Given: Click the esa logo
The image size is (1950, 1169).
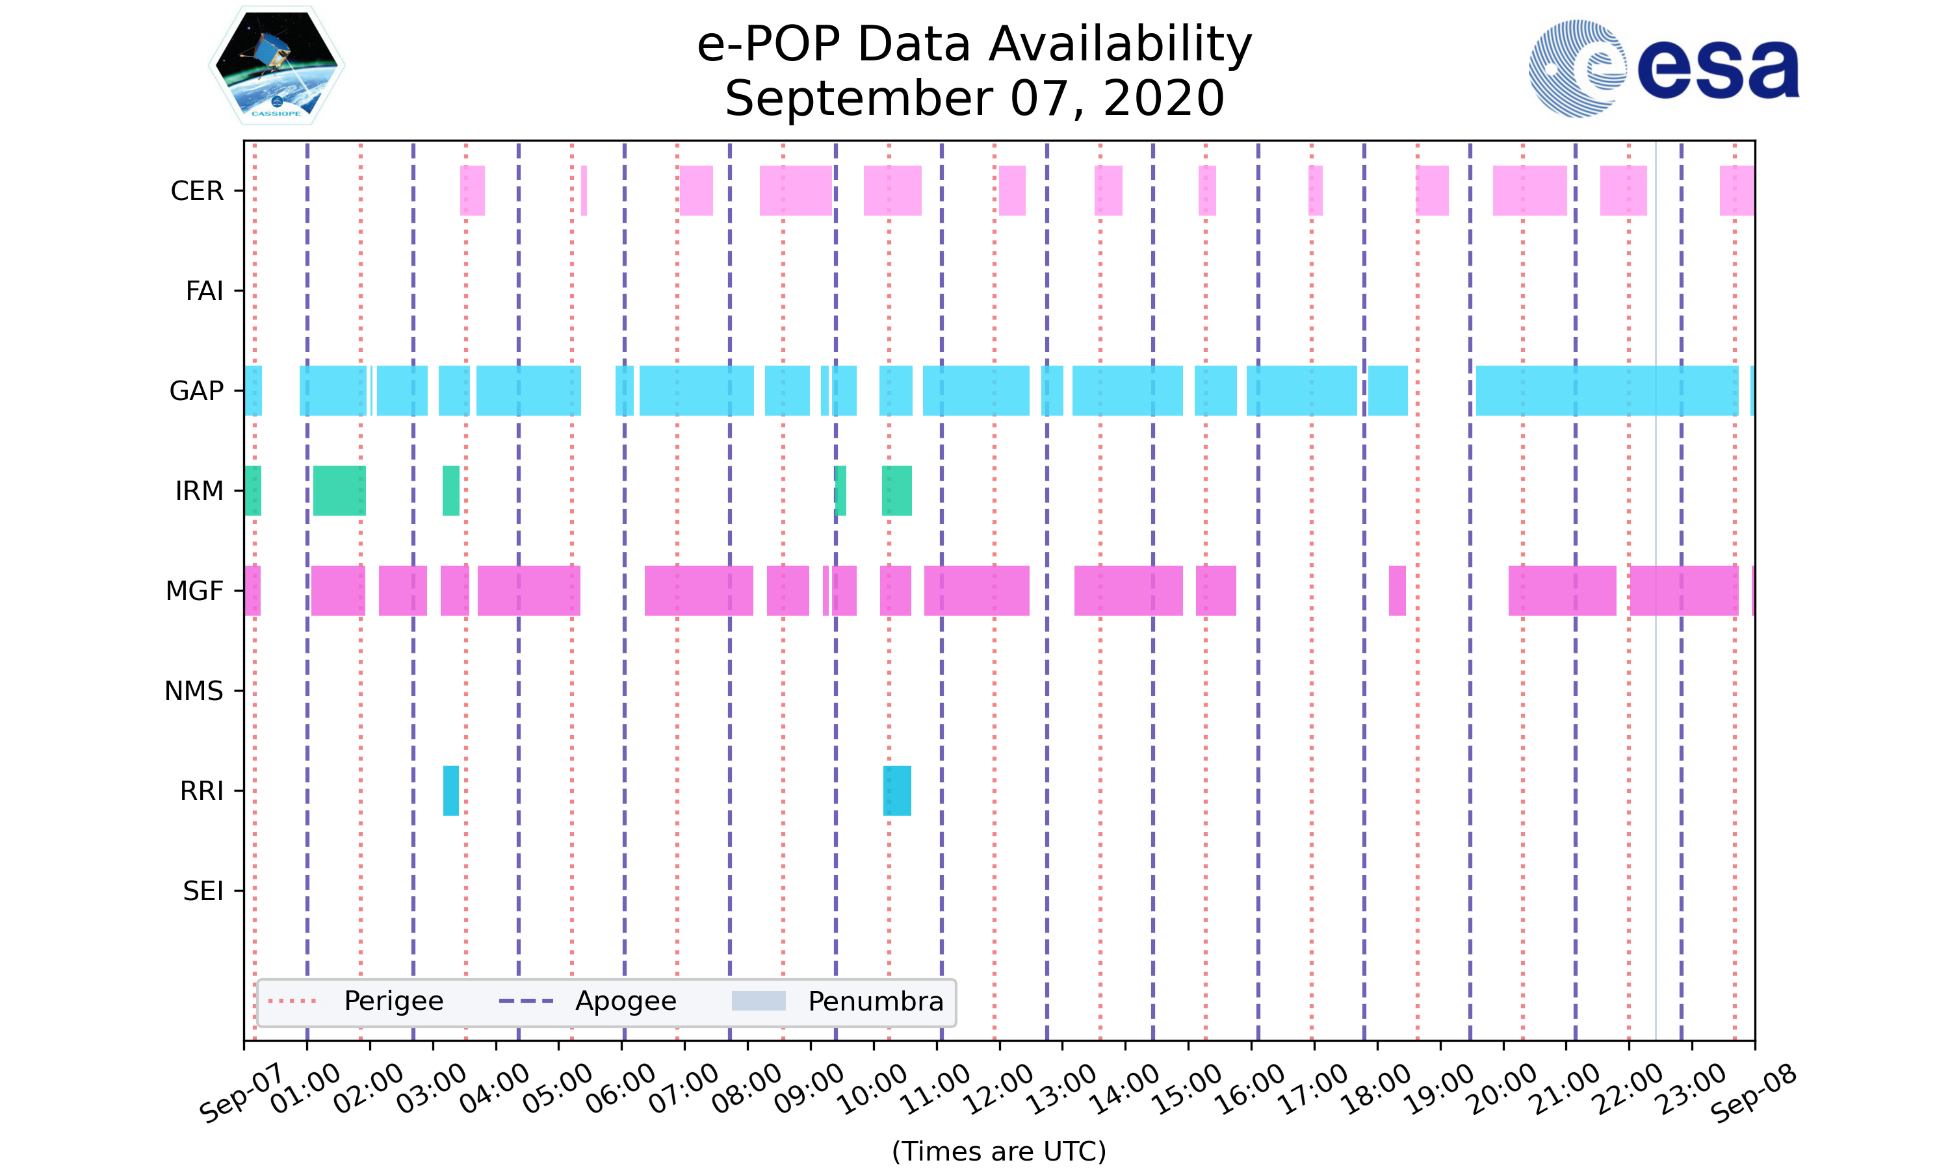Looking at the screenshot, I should tap(1663, 69).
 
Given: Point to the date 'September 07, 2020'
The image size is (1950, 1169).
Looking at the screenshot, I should tap(974, 99).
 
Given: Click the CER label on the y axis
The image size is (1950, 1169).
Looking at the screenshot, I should tap(197, 191).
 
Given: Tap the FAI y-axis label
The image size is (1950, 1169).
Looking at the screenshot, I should tap(204, 291).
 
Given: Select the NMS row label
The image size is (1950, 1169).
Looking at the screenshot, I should tap(194, 691).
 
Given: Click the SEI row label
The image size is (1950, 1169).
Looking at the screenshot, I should tap(203, 891).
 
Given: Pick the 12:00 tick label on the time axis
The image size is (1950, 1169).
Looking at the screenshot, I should tap(1000, 1088).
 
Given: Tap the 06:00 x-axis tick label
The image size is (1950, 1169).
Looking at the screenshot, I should tap(621, 1088).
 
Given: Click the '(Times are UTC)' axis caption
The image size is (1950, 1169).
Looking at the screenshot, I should tap(998, 1151).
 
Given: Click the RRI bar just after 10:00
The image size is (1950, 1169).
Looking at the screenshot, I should tap(897, 790).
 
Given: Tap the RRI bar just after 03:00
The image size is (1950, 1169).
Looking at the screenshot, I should tap(451, 790).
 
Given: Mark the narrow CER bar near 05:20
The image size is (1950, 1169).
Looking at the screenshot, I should tap(584, 191).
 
